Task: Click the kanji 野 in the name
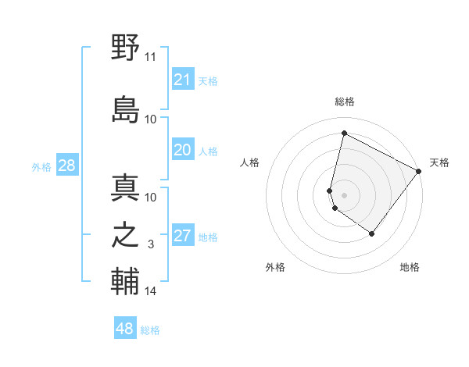click(125, 47)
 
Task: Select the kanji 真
click(125, 189)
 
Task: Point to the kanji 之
click(125, 237)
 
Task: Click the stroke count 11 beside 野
click(151, 57)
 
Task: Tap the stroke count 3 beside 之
click(151, 245)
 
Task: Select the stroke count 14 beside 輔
click(151, 291)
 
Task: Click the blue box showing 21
click(183, 80)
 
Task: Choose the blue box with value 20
click(183, 150)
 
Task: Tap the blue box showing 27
click(183, 237)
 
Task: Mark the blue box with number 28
click(66, 166)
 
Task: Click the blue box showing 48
click(125, 329)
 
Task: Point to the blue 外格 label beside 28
click(41, 166)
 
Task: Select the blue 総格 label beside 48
click(150, 330)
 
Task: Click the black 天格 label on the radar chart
click(439, 162)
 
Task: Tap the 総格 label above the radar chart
click(345, 102)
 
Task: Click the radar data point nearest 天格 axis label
click(419, 172)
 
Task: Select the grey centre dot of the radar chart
click(344, 194)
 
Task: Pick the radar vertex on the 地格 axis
click(372, 234)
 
